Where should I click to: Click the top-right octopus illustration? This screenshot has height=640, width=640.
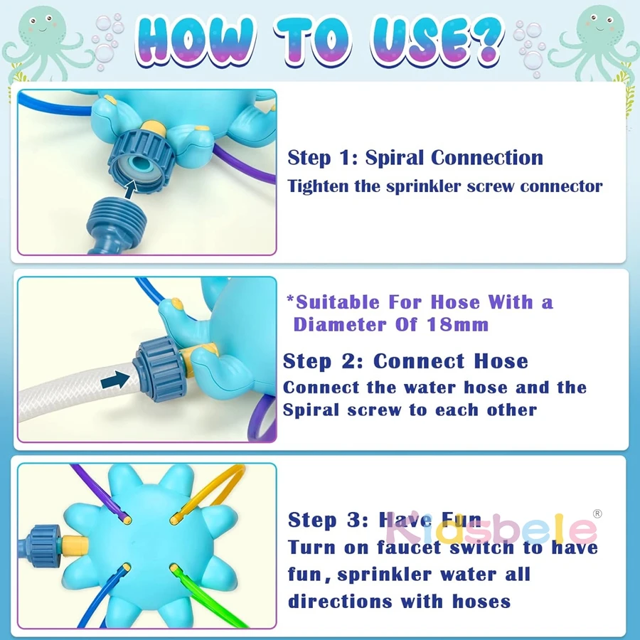pyautogui.click(x=597, y=40)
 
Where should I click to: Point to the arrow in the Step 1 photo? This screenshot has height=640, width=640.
pyautogui.click(x=132, y=189)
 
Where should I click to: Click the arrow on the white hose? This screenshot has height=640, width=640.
pyautogui.click(x=115, y=380)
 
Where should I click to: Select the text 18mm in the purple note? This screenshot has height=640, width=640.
pyautogui.click(x=457, y=325)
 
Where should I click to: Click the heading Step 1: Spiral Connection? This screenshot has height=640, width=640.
pyautogui.click(x=415, y=158)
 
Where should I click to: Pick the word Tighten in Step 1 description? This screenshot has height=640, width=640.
pyautogui.click(x=318, y=186)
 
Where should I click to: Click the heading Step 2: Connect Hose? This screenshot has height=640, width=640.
pyautogui.click(x=405, y=361)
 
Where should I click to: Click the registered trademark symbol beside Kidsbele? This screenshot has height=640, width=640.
pyautogui.click(x=597, y=513)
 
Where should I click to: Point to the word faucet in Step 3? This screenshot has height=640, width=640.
pyautogui.click(x=409, y=548)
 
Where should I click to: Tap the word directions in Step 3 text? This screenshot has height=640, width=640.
pyautogui.click(x=341, y=602)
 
